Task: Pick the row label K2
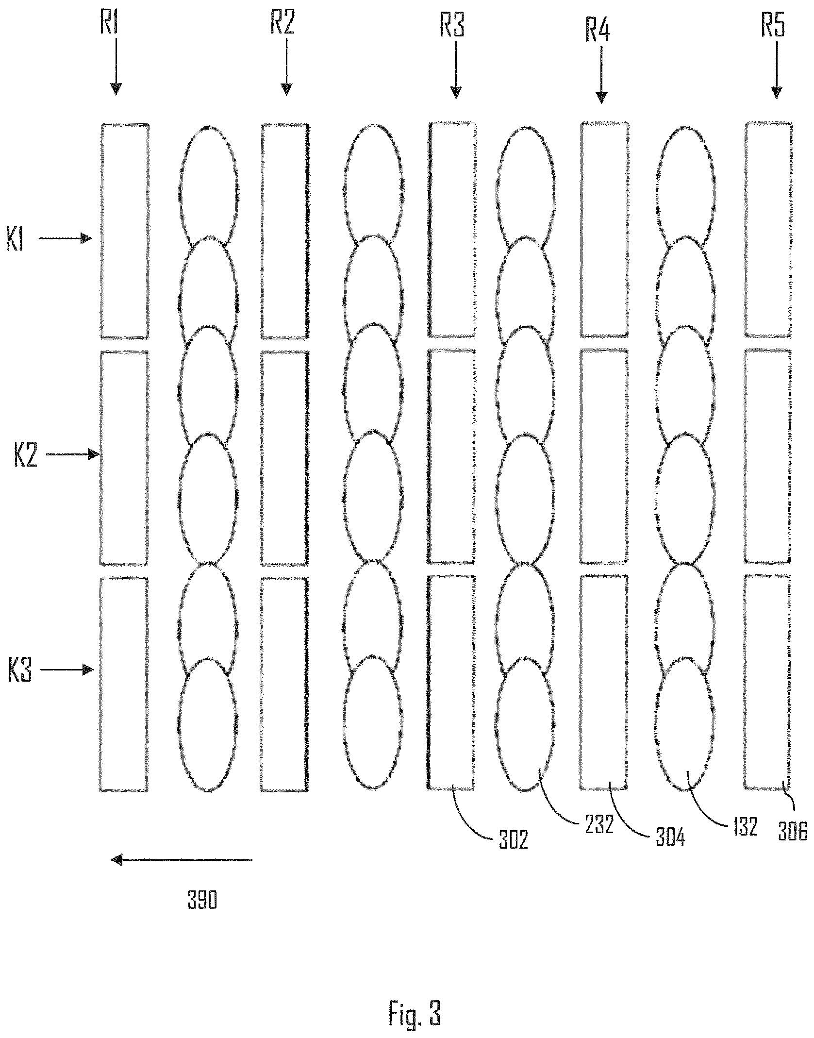pos(26,455)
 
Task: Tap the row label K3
pos(20,671)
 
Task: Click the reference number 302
pos(514,840)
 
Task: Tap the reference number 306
pos(792,833)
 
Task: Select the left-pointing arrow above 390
pos(182,860)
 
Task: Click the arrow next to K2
pos(72,455)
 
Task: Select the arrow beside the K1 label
pos(66,238)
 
